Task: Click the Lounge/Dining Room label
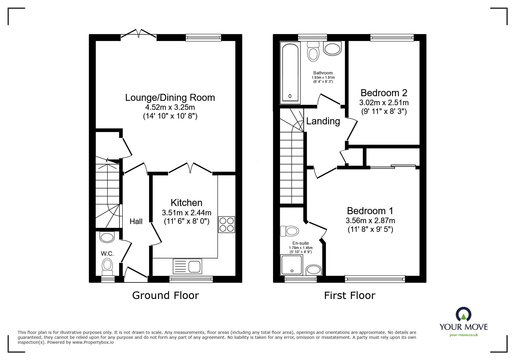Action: pos(170,97)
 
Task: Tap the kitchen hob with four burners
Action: pos(227,225)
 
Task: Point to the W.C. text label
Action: pos(107,254)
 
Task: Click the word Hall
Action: pos(136,221)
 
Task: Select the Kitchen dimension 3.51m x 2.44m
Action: pos(187,213)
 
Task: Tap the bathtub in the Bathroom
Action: pos(290,73)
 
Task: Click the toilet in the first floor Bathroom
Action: pos(313,51)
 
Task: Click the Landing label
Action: pos(323,121)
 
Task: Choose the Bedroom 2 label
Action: pos(384,93)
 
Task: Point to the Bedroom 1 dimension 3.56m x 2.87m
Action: pos(370,221)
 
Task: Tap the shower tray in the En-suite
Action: pos(291,265)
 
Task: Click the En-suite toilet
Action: pos(290,231)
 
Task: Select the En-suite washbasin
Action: pos(313,270)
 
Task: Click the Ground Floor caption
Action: pos(165,295)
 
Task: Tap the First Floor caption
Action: pos(350,295)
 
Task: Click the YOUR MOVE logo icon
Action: pos(464,315)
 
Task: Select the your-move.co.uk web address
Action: pos(464,335)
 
